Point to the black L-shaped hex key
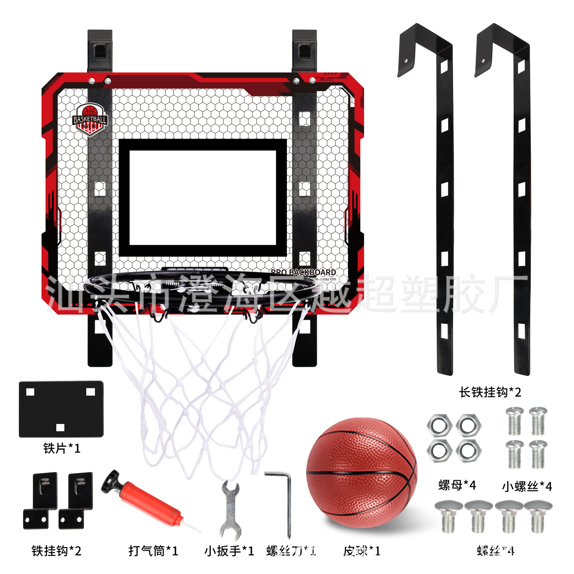(287, 502)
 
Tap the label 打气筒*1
(153, 551)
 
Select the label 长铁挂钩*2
(490, 392)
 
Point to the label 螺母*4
(457, 485)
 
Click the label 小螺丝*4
(527, 486)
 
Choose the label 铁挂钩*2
(57, 551)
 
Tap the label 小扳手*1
(229, 551)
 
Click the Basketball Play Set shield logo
(90, 120)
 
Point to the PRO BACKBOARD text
(303, 272)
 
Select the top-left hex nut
(439, 425)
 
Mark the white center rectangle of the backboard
(202, 197)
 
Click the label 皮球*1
(362, 551)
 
